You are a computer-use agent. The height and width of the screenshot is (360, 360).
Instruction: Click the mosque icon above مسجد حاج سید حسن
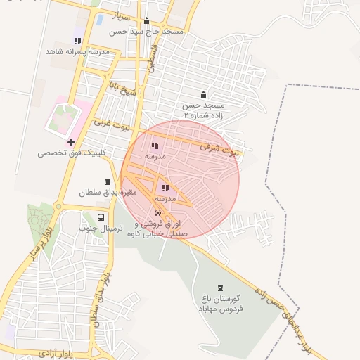click(146, 21)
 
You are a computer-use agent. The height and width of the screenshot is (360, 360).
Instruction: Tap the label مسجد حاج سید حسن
click(146, 32)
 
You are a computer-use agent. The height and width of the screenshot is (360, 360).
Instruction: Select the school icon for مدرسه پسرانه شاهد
click(77, 41)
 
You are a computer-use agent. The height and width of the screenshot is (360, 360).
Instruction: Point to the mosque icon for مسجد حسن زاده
click(203, 95)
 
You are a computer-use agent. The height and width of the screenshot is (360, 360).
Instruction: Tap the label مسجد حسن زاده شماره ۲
click(203, 110)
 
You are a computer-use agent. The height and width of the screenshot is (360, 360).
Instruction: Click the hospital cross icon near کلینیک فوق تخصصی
click(71, 142)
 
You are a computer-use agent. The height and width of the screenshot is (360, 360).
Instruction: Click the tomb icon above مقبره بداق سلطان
click(108, 181)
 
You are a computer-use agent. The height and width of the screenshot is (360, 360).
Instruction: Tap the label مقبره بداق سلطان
click(106, 192)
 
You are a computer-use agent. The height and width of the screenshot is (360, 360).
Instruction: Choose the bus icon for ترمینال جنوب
click(101, 218)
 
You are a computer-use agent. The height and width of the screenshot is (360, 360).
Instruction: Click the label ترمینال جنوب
click(101, 229)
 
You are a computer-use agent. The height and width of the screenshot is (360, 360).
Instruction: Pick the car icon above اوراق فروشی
click(157, 213)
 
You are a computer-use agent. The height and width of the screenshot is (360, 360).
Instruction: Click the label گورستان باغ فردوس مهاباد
click(221, 304)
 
